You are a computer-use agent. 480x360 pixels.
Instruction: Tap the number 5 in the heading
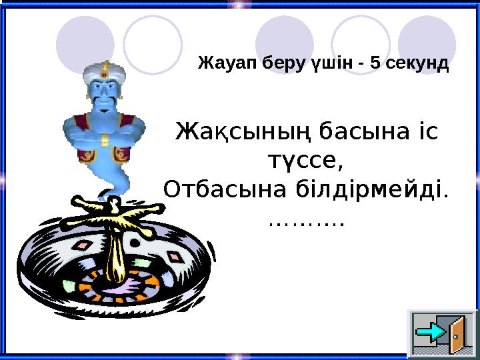[375, 65]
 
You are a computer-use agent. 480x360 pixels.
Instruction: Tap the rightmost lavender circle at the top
[427, 41]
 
